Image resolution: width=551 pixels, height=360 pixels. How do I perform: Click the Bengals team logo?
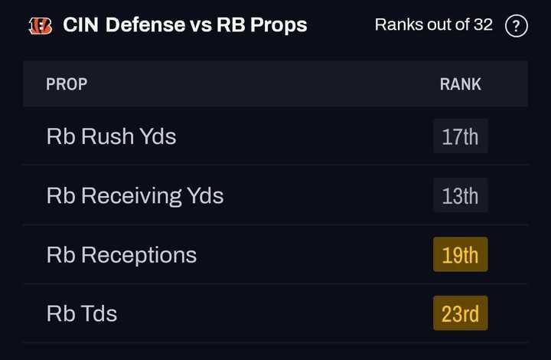40,25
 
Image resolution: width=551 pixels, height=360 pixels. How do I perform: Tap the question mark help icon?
517,26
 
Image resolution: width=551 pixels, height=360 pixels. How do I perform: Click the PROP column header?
67,83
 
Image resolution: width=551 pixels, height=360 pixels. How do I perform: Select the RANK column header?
460,83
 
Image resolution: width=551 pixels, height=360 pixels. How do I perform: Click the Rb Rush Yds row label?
111,136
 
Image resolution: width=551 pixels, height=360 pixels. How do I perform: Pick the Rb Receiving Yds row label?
135,195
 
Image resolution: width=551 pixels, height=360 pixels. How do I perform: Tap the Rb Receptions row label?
121,254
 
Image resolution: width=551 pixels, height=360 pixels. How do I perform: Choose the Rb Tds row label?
81,313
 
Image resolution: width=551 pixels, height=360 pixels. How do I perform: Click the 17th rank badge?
460,136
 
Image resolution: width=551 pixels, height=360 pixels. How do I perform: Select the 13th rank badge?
460,195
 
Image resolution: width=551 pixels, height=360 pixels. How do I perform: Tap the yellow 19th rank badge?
460,254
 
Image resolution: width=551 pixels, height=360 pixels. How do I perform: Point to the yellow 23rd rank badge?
460,313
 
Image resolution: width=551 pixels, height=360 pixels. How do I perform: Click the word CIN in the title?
80,25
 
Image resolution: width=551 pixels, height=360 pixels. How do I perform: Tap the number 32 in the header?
483,25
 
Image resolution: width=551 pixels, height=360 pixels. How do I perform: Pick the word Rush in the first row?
107,136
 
